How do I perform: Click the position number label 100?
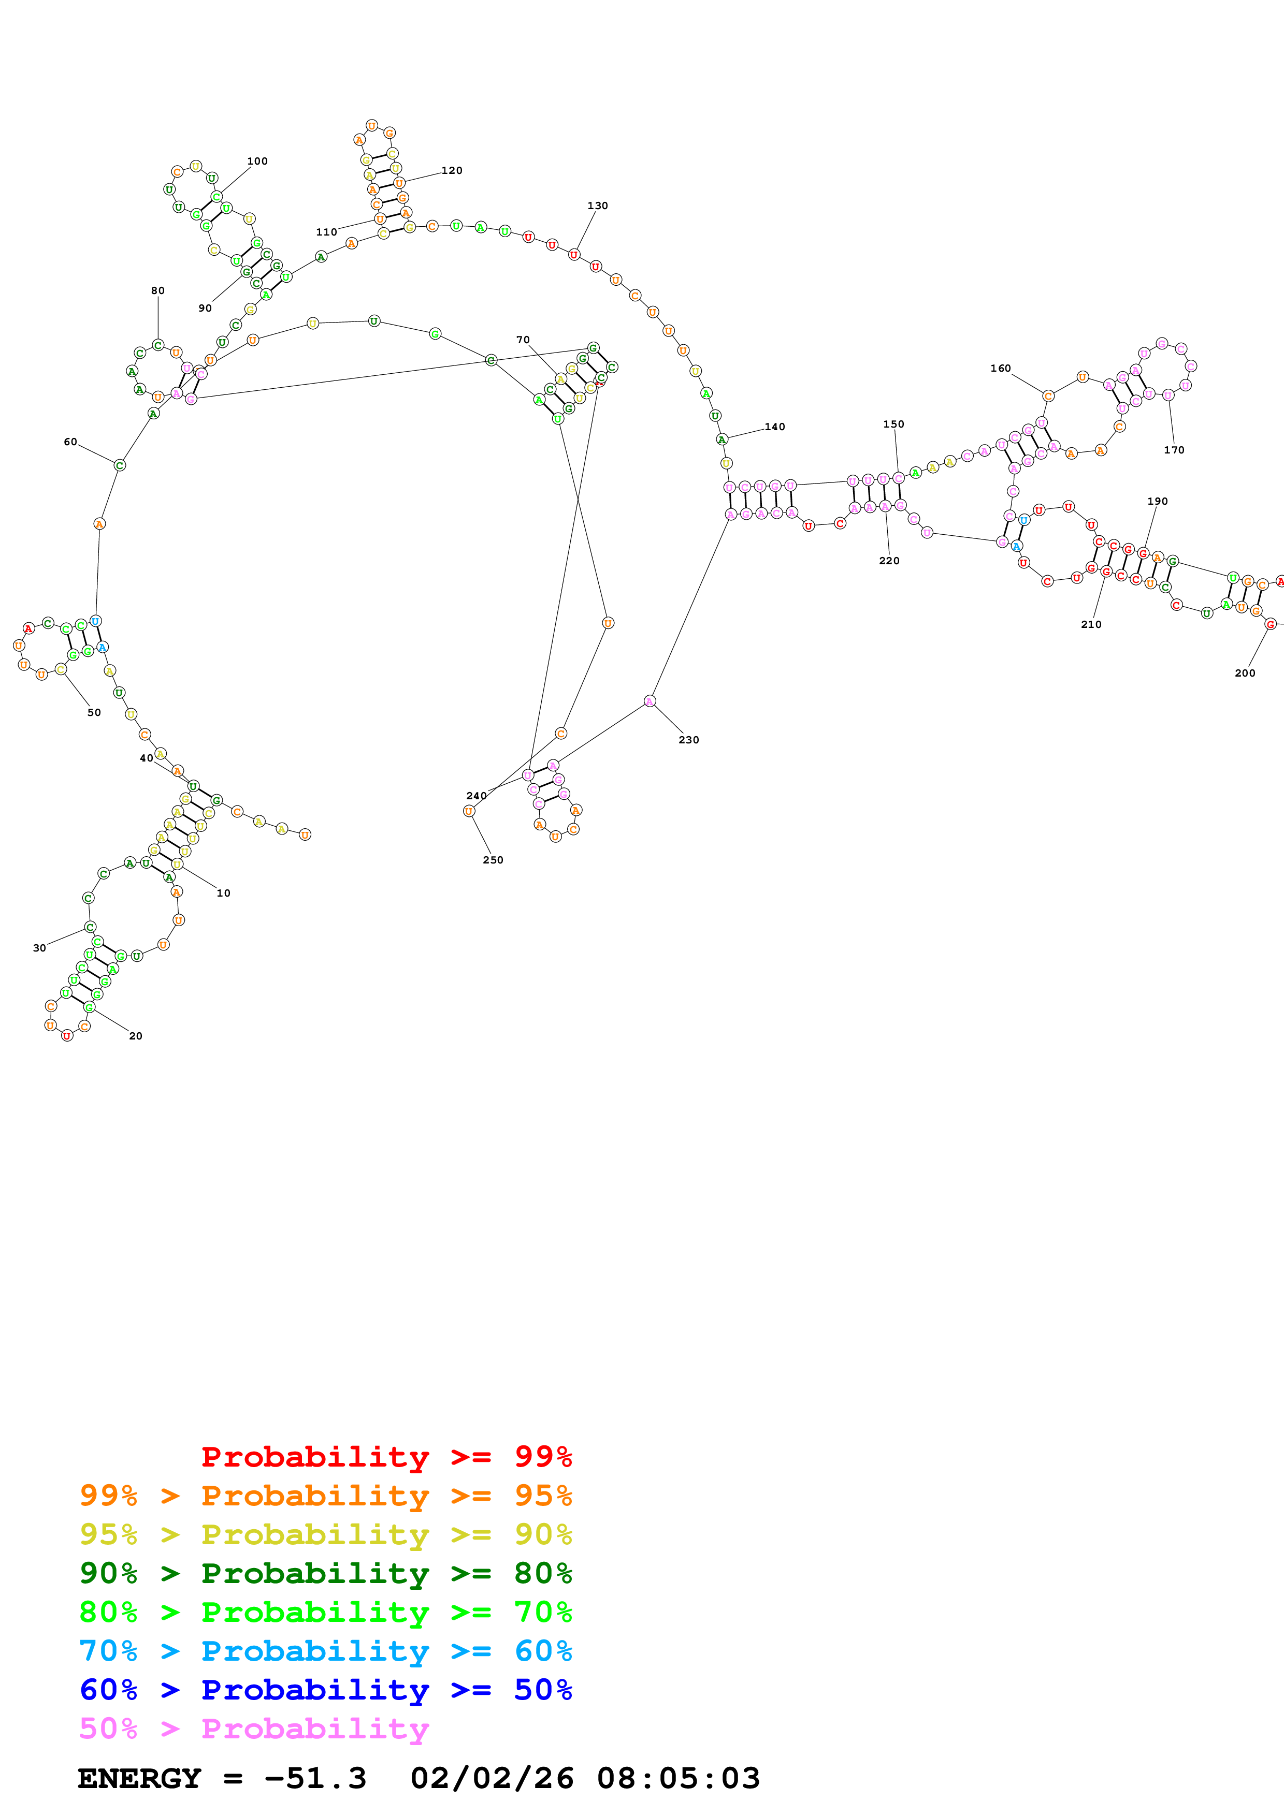(257, 162)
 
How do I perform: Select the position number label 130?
(597, 206)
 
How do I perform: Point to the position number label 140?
(774, 427)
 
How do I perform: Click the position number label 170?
(1174, 450)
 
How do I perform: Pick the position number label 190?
(1158, 502)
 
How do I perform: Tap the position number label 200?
(1245, 673)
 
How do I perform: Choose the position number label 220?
(889, 561)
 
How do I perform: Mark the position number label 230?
(688, 740)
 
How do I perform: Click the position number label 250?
(493, 860)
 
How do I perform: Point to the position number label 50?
(94, 713)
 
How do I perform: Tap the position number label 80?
(158, 291)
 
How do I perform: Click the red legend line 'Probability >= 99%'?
(386, 1457)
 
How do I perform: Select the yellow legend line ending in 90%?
(326, 1534)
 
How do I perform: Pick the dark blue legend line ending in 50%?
(326, 1690)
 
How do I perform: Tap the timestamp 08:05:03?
(678, 1779)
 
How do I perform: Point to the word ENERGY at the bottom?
(139, 1779)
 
